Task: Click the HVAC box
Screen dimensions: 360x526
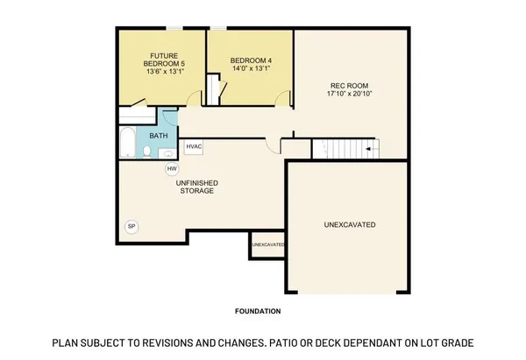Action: coord(194,148)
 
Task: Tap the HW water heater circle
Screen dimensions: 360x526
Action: coord(172,168)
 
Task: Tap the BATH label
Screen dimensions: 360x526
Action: coord(159,136)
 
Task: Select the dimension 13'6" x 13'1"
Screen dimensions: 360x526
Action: coord(163,73)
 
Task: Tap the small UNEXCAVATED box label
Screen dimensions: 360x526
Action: coord(267,244)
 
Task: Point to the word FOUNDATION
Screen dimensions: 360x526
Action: coord(258,311)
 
